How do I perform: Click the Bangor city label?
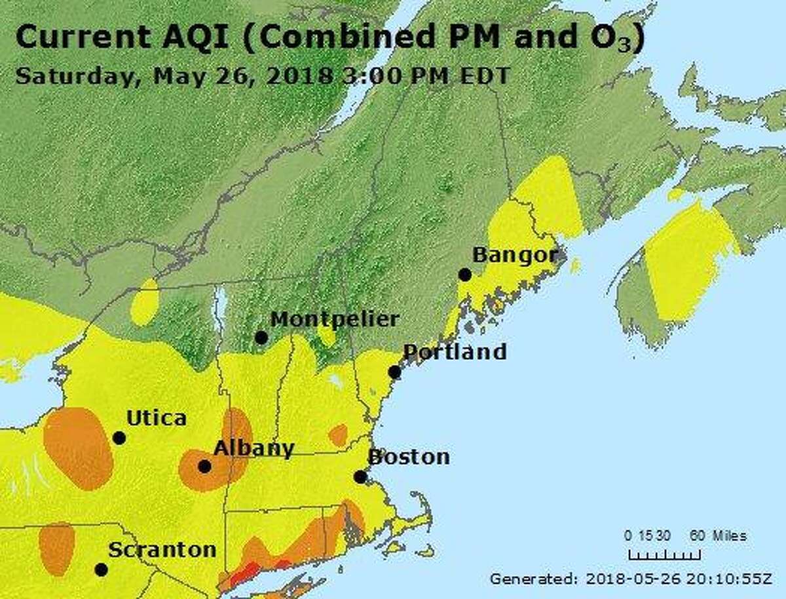pyautogui.click(x=514, y=254)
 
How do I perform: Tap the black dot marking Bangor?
pyautogui.click(x=464, y=275)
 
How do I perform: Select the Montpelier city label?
pyautogui.click(x=334, y=319)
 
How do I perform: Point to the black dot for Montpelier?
pyautogui.click(x=261, y=338)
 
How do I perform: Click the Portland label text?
pyautogui.click(x=454, y=352)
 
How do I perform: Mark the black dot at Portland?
pyautogui.click(x=394, y=372)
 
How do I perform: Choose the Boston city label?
pyautogui.click(x=409, y=457)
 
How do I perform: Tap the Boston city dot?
pyautogui.click(x=360, y=477)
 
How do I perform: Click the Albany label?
pyautogui.click(x=254, y=448)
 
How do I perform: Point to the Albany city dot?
pyautogui.click(x=204, y=467)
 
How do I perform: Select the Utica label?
pyautogui.click(x=156, y=418)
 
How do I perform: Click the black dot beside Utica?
pyautogui.click(x=119, y=438)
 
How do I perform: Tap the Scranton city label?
pyautogui.click(x=162, y=550)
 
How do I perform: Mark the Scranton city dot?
pyautogui.click(x=101, y=570)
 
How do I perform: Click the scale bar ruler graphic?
pyautogui.click(x=664, y=554)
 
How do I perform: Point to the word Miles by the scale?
pyautogui.click(x=728, y=535)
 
